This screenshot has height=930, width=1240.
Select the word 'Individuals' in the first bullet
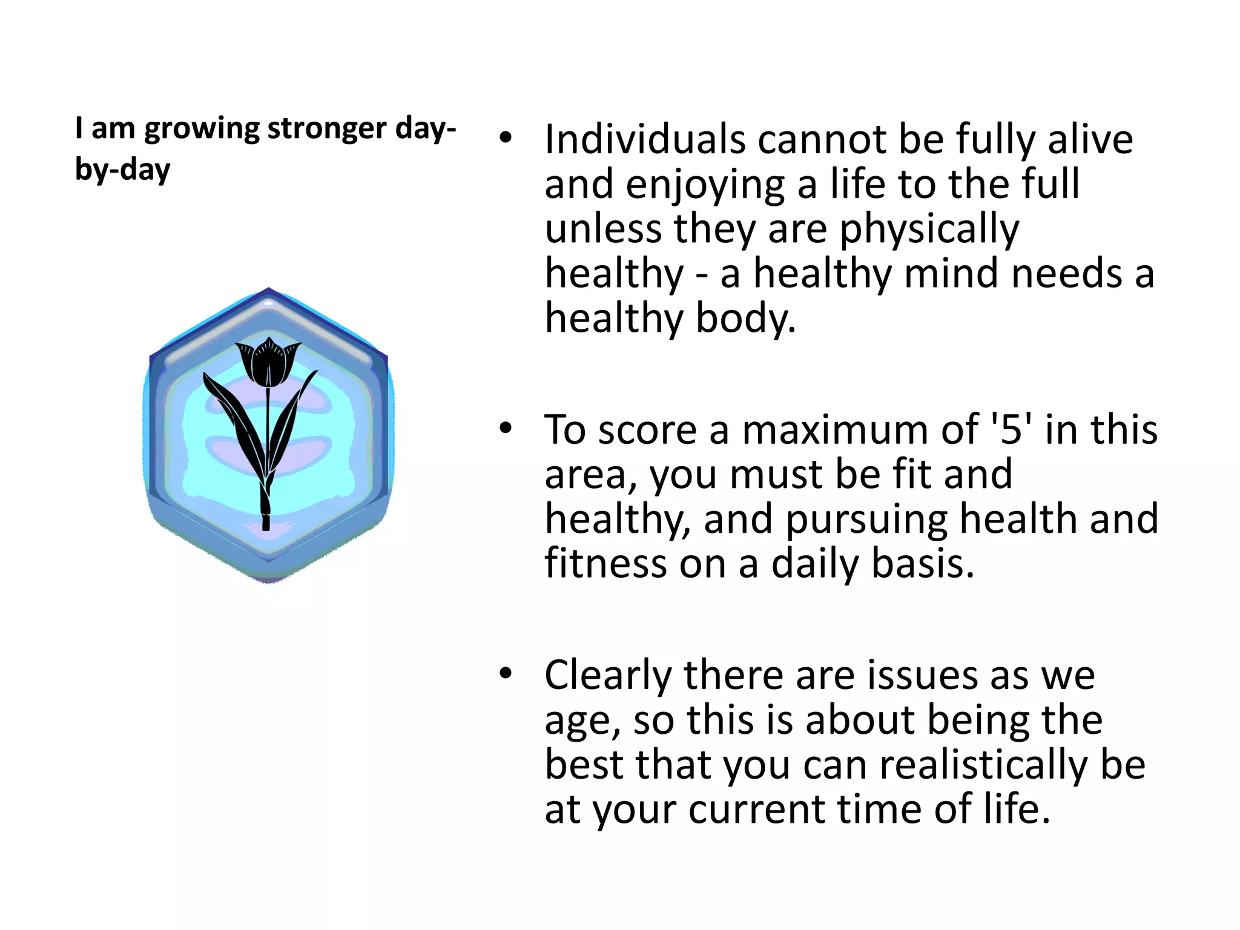[645, 140]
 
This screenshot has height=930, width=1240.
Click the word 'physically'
[929, 230]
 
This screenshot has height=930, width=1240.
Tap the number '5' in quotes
[1011, 430]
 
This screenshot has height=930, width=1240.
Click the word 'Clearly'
[608, 676]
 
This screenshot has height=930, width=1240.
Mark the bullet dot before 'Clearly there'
[506, 673]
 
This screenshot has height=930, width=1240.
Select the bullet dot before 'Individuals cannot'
[506, 138]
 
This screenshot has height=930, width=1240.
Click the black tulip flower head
[268, 362]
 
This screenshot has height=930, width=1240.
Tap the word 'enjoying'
[705, 185]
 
